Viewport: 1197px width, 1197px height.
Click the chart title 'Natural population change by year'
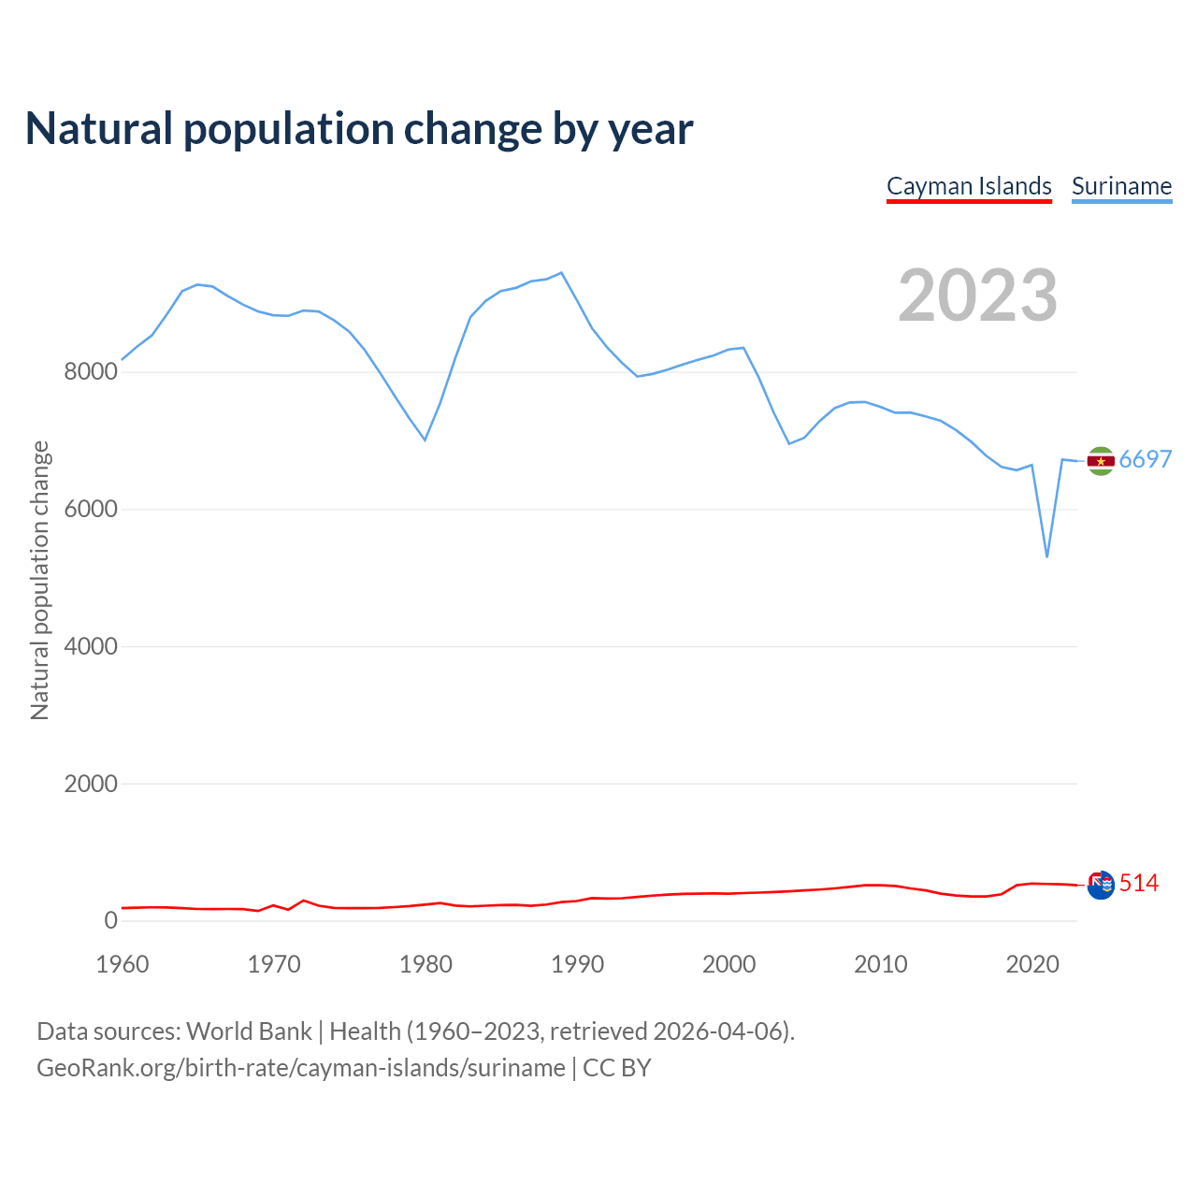[359, 129]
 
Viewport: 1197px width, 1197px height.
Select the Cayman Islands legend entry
[969, 186]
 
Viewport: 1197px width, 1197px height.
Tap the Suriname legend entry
[1121, 186]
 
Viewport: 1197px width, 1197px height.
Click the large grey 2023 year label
[977, 296]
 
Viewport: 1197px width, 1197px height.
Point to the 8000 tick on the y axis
[91, 372]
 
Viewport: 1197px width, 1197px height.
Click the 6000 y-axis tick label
[91, 510]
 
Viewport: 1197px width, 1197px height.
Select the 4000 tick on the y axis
[91, 646]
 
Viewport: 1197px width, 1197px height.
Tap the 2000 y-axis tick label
[91, 784]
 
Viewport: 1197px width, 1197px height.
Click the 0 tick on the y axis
[111, 920]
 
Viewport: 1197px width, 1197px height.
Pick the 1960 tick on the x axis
[123, 964]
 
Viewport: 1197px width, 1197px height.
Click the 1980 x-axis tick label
[425, 964]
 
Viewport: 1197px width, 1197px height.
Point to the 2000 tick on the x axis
[728, 964]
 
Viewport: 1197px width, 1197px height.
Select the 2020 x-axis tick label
[1031, 964]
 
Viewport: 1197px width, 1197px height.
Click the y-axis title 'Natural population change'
[39, 580]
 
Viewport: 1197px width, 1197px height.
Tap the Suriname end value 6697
[1145, 459]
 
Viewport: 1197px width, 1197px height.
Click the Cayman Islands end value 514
[1138, 883]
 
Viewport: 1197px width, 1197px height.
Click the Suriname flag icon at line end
[1101, 460]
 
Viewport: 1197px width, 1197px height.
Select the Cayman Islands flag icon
[1101, 884]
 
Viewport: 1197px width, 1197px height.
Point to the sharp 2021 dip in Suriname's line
[1047, 556]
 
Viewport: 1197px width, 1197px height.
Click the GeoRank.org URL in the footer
[301, 1068]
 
